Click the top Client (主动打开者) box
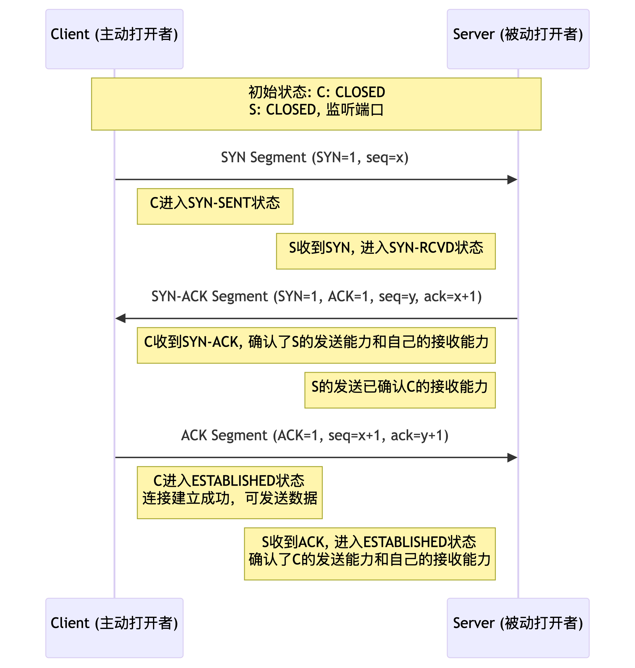click(114, 39)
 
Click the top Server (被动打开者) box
click(518, 39)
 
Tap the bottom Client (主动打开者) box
click(114, 628)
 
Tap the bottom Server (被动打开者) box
click(518, 628)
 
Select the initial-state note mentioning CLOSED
click(316, 104)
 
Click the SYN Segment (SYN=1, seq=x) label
click(315, 158)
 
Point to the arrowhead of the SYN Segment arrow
click(513, 180)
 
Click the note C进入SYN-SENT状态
click(215, 206)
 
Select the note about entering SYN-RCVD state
click(386, 251)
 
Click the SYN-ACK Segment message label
click(317, 296)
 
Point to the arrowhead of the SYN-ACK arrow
click(121, 318)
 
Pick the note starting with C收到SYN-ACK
click(316, 345)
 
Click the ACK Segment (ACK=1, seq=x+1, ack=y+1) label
click(315, 436)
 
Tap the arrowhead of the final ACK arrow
click(513, 458)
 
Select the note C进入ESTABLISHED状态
click(230, 493)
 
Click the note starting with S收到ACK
click(370, 554)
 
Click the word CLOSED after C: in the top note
click(360, 92)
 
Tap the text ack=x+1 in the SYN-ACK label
click(452, 296)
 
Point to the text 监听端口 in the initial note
click(355, 110)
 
